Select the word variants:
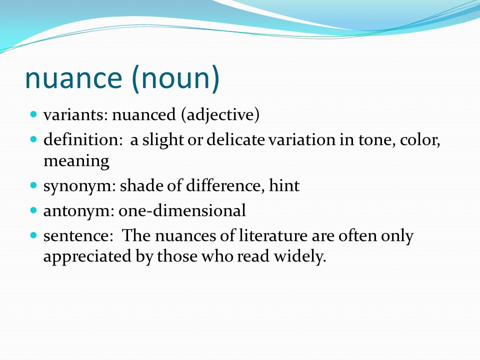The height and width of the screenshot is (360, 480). pyautogui.click(x=75, y=115)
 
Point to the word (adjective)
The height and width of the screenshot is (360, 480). pyautogui.click(x=220, y=115)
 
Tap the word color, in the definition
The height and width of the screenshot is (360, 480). pyautogui.click(x=419, y=140)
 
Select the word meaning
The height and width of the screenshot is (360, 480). pyautogui.click(x=76, y=161)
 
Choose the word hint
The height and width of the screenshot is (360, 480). pyautogui.click(x=284, y=186)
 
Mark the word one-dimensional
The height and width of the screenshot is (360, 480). pyautogui.click(x=182, y=211)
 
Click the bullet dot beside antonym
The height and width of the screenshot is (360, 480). pyautogui.click(x=34, y=209)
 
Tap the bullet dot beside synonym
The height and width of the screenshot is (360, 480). pyautogui.click(x=34, y=185)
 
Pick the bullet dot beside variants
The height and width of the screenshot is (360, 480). pyautogui.click(x=34, y=114)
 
